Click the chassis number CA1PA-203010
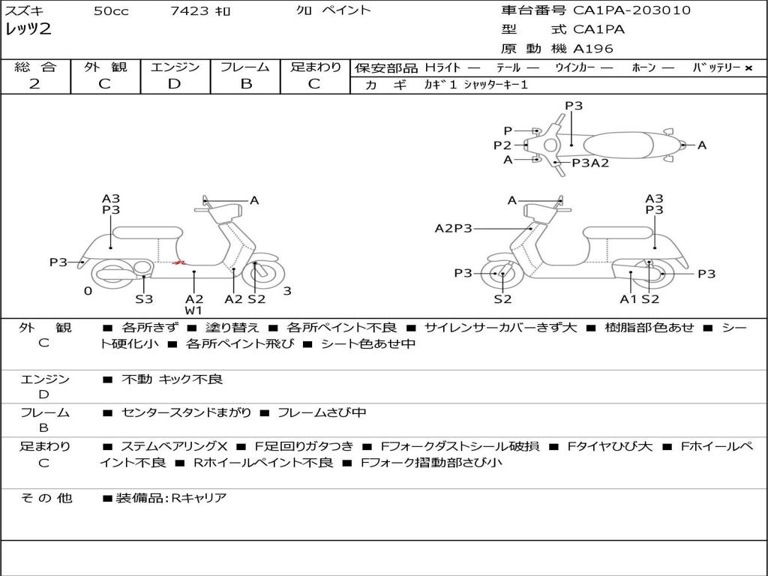pos(631,10)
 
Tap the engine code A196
pos(593,49)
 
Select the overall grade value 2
pos(34,84)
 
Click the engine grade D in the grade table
pos(174,84)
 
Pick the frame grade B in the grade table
pos(246,84)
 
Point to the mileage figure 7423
pos(190,10)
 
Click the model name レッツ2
pos(28,29)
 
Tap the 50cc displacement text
pos(111,10)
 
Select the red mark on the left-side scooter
pos(180,263)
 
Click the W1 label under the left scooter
pos(194,310)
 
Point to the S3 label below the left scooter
pos(144,298)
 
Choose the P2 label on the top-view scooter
pos(502,145)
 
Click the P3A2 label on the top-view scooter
pos(590,163)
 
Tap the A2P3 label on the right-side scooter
pos(454,228)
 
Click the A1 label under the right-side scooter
pos(628,298)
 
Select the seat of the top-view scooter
pos(618,145)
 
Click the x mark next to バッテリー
pos(748,68)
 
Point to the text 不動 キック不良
pos(172,379)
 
